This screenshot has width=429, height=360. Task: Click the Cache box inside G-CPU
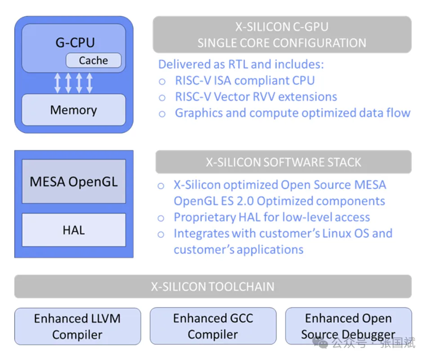[x=93, y=61]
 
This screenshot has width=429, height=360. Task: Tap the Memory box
[x=73, y=109]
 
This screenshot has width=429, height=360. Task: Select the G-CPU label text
[x=75, y=42]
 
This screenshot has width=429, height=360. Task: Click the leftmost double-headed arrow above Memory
[x=57, y=83]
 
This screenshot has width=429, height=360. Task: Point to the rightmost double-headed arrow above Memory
[x=89, y=83]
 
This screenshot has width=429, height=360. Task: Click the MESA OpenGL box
[x=73, y=181]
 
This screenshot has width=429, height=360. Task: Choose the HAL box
[x=73, y=230]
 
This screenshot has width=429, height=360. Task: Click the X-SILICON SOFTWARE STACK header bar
[x=283, y=162]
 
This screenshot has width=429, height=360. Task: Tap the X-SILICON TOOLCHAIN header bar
[x=213, y=287]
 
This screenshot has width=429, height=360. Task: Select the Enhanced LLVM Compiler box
[x=77, y=326]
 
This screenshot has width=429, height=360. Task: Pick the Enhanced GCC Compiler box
[x=213, y=326]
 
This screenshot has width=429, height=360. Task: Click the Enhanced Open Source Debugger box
[x=348, y=326]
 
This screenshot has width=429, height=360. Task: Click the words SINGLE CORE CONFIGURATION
[x=281, y=43]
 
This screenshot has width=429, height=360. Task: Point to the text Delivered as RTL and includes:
[x=241, y=64]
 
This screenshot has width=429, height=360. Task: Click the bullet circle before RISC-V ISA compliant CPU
[x=162, y=81]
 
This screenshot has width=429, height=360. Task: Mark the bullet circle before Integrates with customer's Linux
[x=161, y=234]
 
